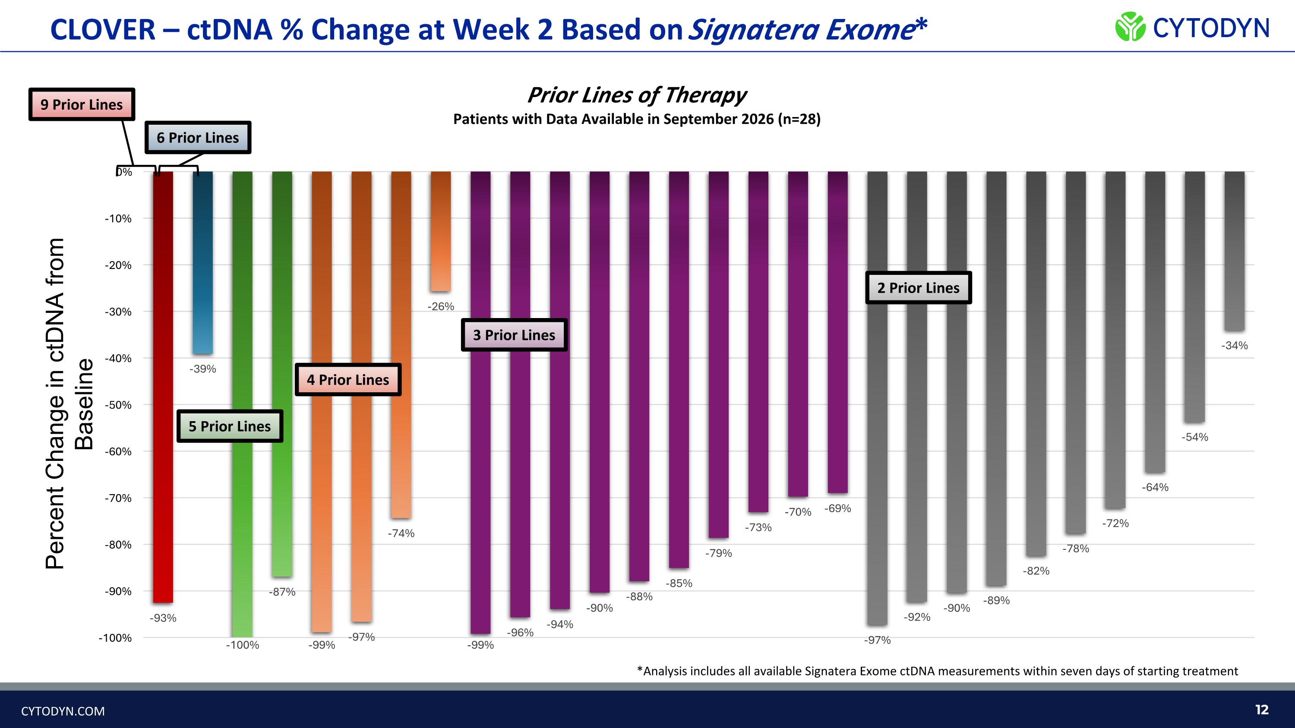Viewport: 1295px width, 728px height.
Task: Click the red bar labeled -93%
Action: pos(163,387)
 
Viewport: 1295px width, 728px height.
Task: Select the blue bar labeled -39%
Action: pos(202,263)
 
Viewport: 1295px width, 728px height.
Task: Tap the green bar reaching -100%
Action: pos(242,404)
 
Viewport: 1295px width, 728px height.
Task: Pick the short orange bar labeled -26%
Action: pos(441,232)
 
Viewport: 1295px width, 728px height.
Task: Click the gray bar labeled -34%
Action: pos(1234,251)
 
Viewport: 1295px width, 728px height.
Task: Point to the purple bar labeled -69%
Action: pos(837,332)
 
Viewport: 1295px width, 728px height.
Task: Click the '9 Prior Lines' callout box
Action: pos(82,104)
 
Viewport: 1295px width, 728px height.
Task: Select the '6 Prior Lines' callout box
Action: pos(198,137)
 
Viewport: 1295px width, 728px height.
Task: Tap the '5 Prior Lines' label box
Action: pos(230,426)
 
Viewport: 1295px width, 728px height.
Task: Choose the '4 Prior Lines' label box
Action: pos(348,379)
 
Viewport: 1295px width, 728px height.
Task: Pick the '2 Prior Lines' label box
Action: pos(919,287)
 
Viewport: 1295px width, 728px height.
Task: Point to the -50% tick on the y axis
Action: pos(118,405)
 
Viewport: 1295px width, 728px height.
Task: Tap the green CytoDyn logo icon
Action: pos(1130,27)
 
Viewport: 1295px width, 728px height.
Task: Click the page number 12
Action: pos(1262,709)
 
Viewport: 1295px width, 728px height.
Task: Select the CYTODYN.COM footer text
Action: pos(63,711)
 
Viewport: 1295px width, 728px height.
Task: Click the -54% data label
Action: pos(1194,437)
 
